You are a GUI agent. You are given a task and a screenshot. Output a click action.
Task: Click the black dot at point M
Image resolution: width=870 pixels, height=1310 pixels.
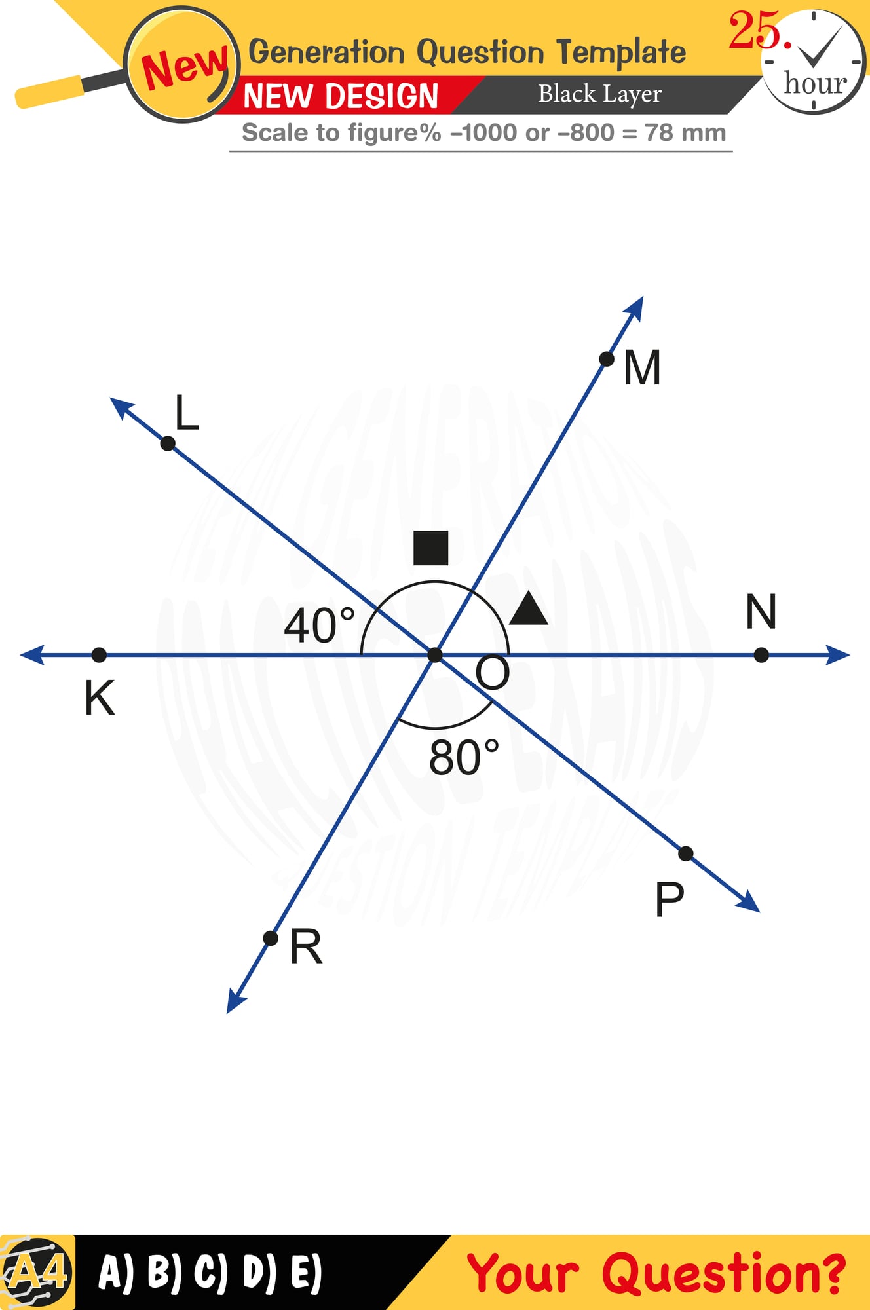pyautogui.click(x=607, y=359)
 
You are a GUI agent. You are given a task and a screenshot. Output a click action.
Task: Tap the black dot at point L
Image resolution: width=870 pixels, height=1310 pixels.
pyautogui.click(x=168, y=443)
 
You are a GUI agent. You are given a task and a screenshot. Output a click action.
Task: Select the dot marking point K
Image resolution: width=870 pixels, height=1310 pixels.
pyautogui.click(x=99, y=654)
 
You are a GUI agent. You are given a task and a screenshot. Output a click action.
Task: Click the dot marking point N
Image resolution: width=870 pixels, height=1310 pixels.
pyautogui.click(x=761, y=655)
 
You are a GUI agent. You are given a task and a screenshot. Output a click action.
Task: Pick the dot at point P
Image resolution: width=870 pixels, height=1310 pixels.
pyautogui.click(x=685, y=853)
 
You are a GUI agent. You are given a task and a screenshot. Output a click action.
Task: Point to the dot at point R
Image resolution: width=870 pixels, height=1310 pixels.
pyautogui.click(x=270, y=938)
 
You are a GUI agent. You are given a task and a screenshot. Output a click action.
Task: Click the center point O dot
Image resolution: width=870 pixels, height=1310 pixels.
pyautogui.click(x=435, y=654)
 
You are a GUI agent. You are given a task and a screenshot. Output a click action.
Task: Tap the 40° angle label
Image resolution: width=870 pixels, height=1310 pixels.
pyautogui.click(x=319, y=626)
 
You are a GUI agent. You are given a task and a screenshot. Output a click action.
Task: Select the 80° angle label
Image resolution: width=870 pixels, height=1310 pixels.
pyautogui.click(x=464, y=758)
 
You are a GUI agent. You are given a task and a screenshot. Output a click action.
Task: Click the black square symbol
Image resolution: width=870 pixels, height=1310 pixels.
pyautogui.click(x=431, y=548)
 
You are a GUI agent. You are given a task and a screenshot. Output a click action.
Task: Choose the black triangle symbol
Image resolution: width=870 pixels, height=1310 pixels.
pyautogui.click(x=529, y=609)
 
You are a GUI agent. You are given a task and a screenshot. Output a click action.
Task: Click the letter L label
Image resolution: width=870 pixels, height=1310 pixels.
pyautogui.click(x=187, y=413)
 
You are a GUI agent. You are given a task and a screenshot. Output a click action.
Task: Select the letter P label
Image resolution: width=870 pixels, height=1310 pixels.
pyautogui.click(x=670, y=899)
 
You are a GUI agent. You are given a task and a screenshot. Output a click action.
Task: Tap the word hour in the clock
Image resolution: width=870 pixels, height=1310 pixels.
pyautogui.click(x=815, y=83)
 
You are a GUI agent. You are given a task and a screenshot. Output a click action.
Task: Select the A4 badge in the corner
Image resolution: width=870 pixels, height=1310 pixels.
pyautogui.click(x=38, y=1272)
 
